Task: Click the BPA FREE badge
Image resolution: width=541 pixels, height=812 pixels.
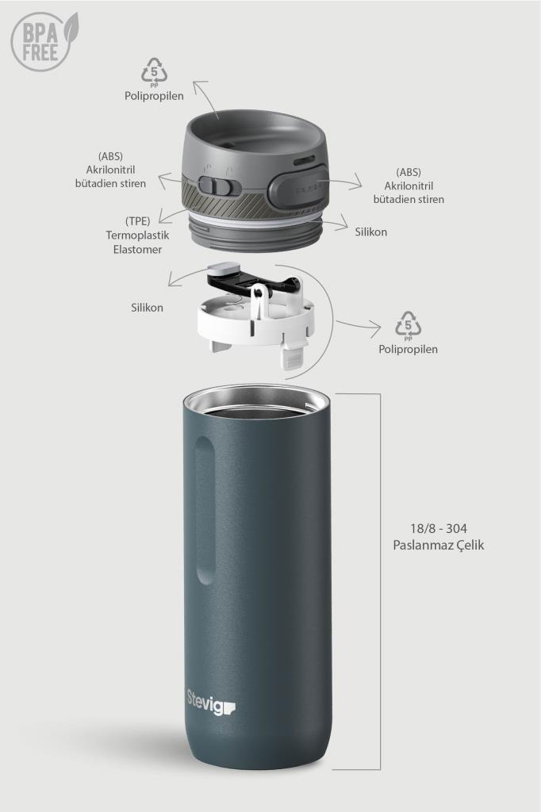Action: (x=44, y=41)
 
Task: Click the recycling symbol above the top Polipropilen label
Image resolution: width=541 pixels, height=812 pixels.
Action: (x=155, y=71)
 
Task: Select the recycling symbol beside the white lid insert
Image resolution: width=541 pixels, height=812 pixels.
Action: (x=409, y=326)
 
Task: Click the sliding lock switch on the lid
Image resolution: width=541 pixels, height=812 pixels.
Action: (x=214, y=186)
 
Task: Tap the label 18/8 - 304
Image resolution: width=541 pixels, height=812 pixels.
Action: (x=439, y=528)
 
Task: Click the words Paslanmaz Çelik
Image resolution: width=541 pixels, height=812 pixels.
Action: (x=439, y=546)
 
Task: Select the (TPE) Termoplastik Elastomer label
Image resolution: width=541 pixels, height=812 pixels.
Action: (x=138, y=235)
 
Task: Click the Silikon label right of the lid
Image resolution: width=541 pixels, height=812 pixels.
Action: (x=371, y=232)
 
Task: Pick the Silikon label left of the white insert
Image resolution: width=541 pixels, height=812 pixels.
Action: (x=148, y=308)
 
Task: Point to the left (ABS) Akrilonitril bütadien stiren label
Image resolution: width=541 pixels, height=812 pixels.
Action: (x=110, y=170)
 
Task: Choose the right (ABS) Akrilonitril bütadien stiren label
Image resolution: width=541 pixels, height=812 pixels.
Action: (x=409, y=186)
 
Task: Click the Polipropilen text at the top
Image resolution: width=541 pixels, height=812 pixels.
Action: (x=154, y=96)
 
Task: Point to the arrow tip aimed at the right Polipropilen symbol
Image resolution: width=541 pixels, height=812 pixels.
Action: (x=381, y=327)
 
